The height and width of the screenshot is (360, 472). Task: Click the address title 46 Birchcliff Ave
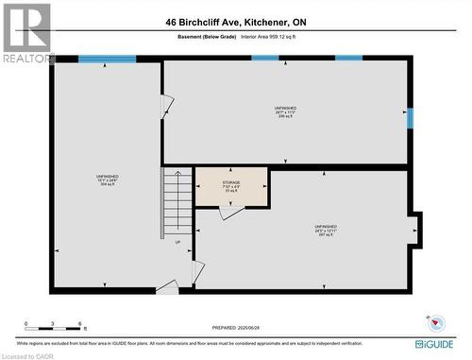[236, 23]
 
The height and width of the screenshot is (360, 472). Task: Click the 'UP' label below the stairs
[177, 242]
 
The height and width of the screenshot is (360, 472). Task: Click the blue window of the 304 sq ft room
[107, 60]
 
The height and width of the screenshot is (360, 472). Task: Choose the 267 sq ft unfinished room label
[326, 231]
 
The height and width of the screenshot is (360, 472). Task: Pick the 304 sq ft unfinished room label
[106, 180]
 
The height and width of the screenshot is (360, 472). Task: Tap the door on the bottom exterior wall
[165, 285]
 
